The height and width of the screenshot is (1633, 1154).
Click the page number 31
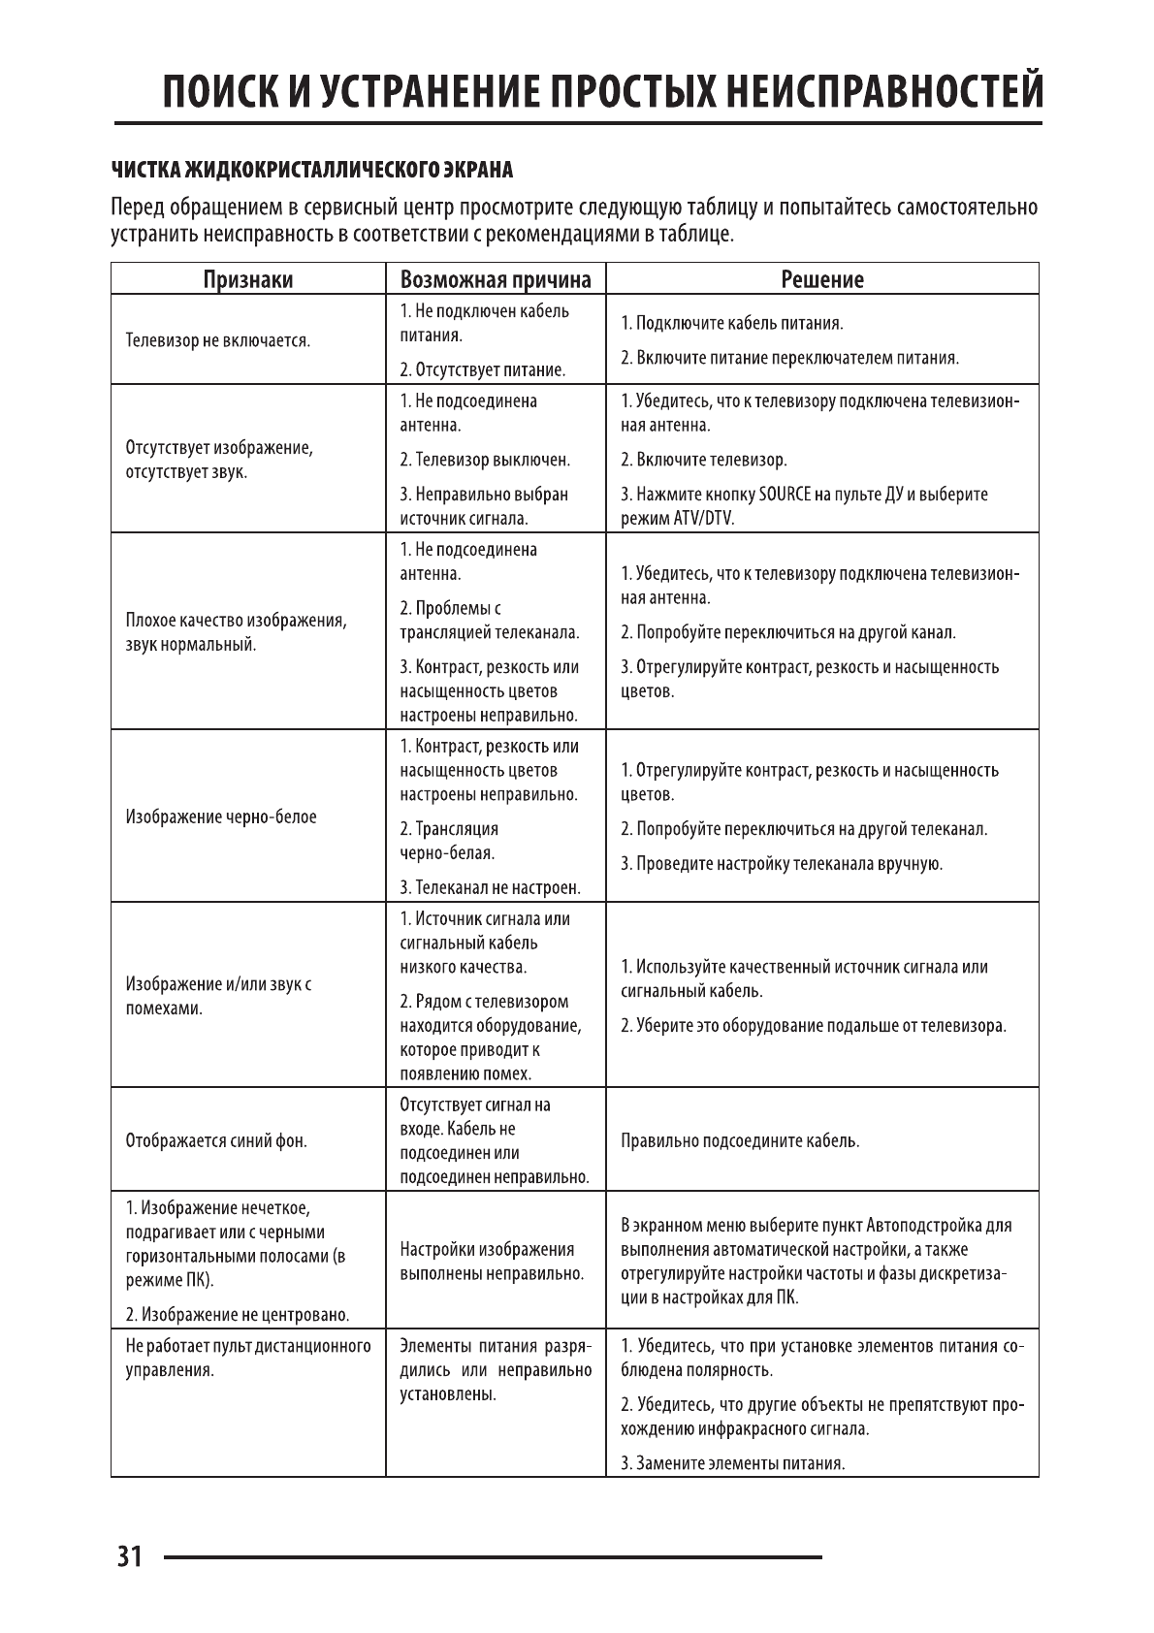(129, 1556)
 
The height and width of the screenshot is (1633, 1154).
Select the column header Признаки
(248, 279)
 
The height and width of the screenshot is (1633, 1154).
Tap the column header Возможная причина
(496, 279)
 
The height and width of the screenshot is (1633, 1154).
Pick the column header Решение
(822, 279)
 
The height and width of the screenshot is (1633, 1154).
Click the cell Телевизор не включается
(218, 340)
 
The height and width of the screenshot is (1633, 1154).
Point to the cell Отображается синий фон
(216, 1140)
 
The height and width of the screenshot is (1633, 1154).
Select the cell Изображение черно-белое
(221, 816)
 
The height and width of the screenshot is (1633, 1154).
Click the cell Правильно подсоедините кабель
(740, 1140)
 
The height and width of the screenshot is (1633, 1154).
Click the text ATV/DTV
(703, 518)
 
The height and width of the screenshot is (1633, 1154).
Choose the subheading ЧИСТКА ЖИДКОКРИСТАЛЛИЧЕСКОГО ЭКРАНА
(311, 171)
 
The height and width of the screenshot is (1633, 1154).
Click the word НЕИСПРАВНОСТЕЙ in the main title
(884, 92)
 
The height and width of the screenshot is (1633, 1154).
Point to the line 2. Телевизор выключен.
(485, 460)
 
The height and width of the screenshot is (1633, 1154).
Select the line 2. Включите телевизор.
(704, 460)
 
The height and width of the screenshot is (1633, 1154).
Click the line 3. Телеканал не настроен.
(490, 887)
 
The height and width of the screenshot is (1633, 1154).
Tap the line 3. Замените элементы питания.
(732, 1463)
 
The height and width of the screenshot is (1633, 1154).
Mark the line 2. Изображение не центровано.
(238, 1315)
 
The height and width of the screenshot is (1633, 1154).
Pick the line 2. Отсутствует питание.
(482, 369)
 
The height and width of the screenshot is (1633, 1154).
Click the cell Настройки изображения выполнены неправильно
(492, 1261)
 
